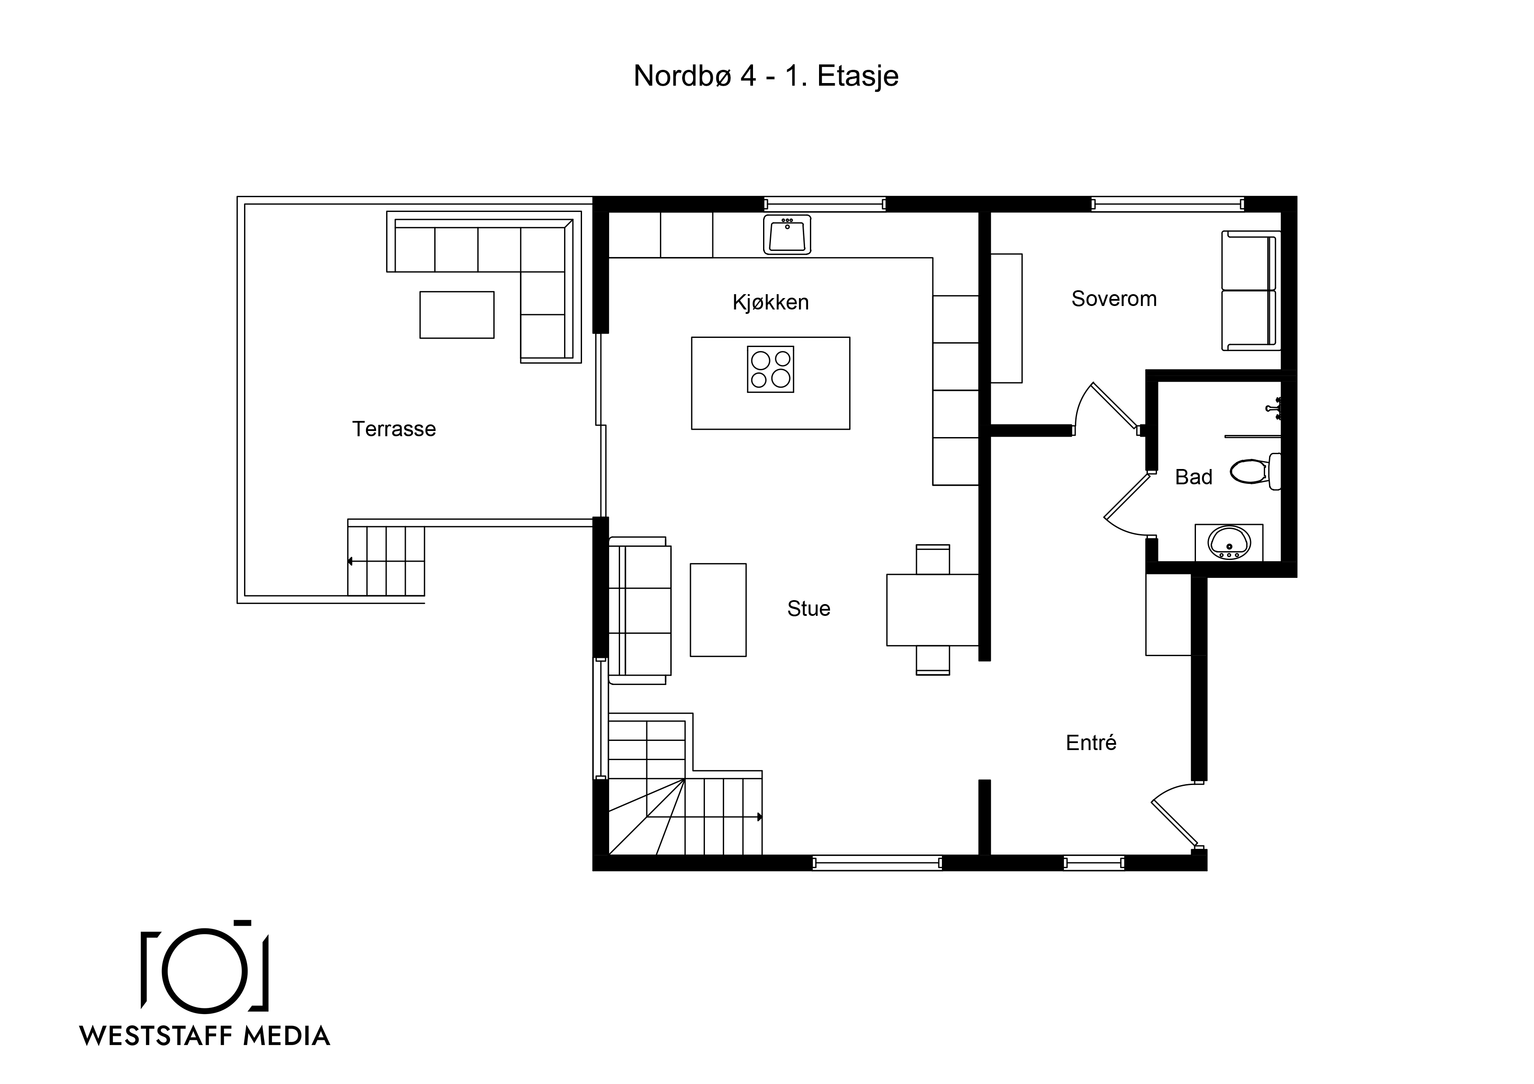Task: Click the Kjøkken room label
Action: pyautogui.click(x=770, y=302)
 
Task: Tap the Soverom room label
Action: pyautogui.click(x=1114, y=299)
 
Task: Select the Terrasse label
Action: pyautogui.click(x=394, y=429)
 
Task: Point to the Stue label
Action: pyautogui.click(x=809, y=608)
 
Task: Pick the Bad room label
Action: pyautogui.click(x=1193, y=477)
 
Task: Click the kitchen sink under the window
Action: pyautogui.click(x=787, y=234)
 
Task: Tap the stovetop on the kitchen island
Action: pyautogui.click(x=770, y=369)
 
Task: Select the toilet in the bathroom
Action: pyautogui.click(x=1255, y=471)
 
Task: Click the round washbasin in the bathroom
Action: pyautogui.click(x=1229, y=542)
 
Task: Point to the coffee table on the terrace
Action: pyautogui.click(x=457, y=315)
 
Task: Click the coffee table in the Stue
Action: pyautogui.click(x=718, y=610)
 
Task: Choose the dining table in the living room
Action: pyautogui.click(x=933, y=610)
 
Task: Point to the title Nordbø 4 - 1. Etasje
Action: pyautogui.click(x=766, y=76)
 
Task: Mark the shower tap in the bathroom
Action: pyautogui.click(x=1273, y=407)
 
